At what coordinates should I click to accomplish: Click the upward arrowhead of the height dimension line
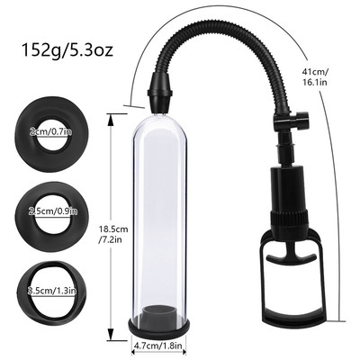pyautogui.click(x=112, y=115)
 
